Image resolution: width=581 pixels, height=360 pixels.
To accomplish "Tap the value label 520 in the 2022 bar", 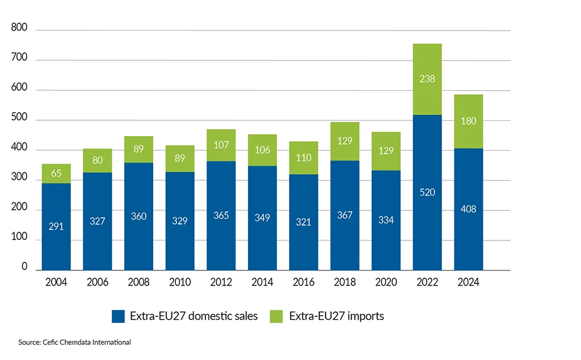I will (427, 193).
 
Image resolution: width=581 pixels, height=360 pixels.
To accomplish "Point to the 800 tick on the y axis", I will (19, 29).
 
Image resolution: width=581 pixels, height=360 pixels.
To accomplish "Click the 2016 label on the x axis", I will (303, 282).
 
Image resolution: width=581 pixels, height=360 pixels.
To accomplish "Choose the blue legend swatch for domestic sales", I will (118, 316).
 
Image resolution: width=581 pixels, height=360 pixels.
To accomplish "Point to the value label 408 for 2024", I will (468, 209).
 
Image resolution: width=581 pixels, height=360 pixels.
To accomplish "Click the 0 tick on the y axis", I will (24, 266).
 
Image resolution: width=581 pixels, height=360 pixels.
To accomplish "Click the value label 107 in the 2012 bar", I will (221, 145).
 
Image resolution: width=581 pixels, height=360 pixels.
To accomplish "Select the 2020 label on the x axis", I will (386, 282).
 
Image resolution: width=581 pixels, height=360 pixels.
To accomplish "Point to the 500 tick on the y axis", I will (19, 120).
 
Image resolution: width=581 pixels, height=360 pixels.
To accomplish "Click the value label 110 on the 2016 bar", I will (304, 158).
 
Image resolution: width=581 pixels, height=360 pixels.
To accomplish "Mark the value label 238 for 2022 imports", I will (427, 79).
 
